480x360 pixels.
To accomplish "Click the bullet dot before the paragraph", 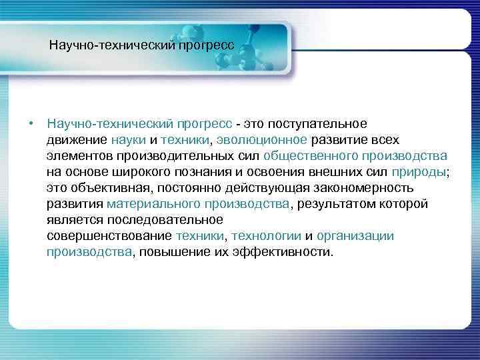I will point(31,123).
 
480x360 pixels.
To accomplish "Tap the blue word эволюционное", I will point(261,140).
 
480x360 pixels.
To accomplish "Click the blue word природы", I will point(418,172).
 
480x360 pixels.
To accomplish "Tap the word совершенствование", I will point(109,236).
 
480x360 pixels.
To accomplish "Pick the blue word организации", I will point(355,236).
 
